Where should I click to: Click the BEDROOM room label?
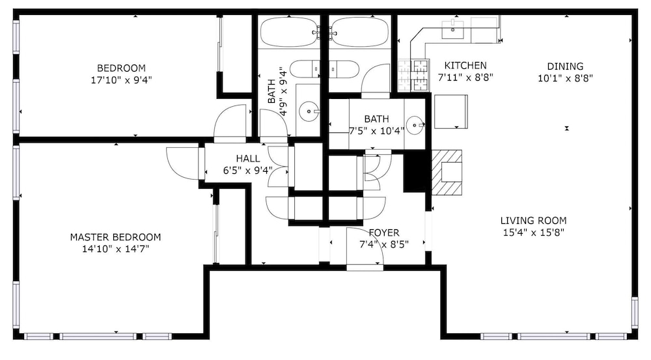(x=121, y=68)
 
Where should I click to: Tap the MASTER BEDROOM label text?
(x=115, y=238)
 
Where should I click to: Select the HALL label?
(x=248, y=159)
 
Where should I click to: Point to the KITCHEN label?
(x=465, y=66)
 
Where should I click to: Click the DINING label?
(x=565, y=66)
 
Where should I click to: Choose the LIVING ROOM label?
(x=534, y=221)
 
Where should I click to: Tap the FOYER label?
(x=384, y=233)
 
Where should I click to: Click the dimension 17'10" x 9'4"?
(x=122, y=79)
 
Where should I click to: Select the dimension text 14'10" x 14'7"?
(x=116, y=249)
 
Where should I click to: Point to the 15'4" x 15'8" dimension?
(x=534, y=232)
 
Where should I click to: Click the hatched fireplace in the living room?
(x=447, y=173)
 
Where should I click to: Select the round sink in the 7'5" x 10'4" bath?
(x=415, y=125)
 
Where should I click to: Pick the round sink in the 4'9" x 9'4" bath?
(x=309, y=111)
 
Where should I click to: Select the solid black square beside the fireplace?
(x=415, y=171)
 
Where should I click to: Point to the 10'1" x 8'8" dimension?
(x=566, y=78)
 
